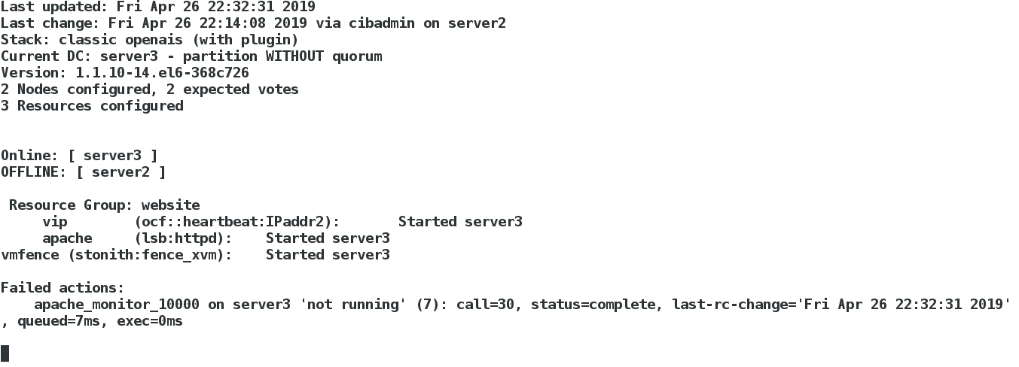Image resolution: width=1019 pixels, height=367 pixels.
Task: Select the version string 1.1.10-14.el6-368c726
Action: (163, 72)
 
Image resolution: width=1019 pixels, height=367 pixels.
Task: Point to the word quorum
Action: (357, 56)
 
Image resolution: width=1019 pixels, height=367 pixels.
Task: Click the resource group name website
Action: (171, 205)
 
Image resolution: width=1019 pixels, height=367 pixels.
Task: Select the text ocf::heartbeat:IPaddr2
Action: (236, 221)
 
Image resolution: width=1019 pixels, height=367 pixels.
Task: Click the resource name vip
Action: (55, 221)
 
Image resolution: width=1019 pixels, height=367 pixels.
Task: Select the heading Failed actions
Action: (63, 287)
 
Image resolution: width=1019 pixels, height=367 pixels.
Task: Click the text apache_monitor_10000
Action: (117, 304)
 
